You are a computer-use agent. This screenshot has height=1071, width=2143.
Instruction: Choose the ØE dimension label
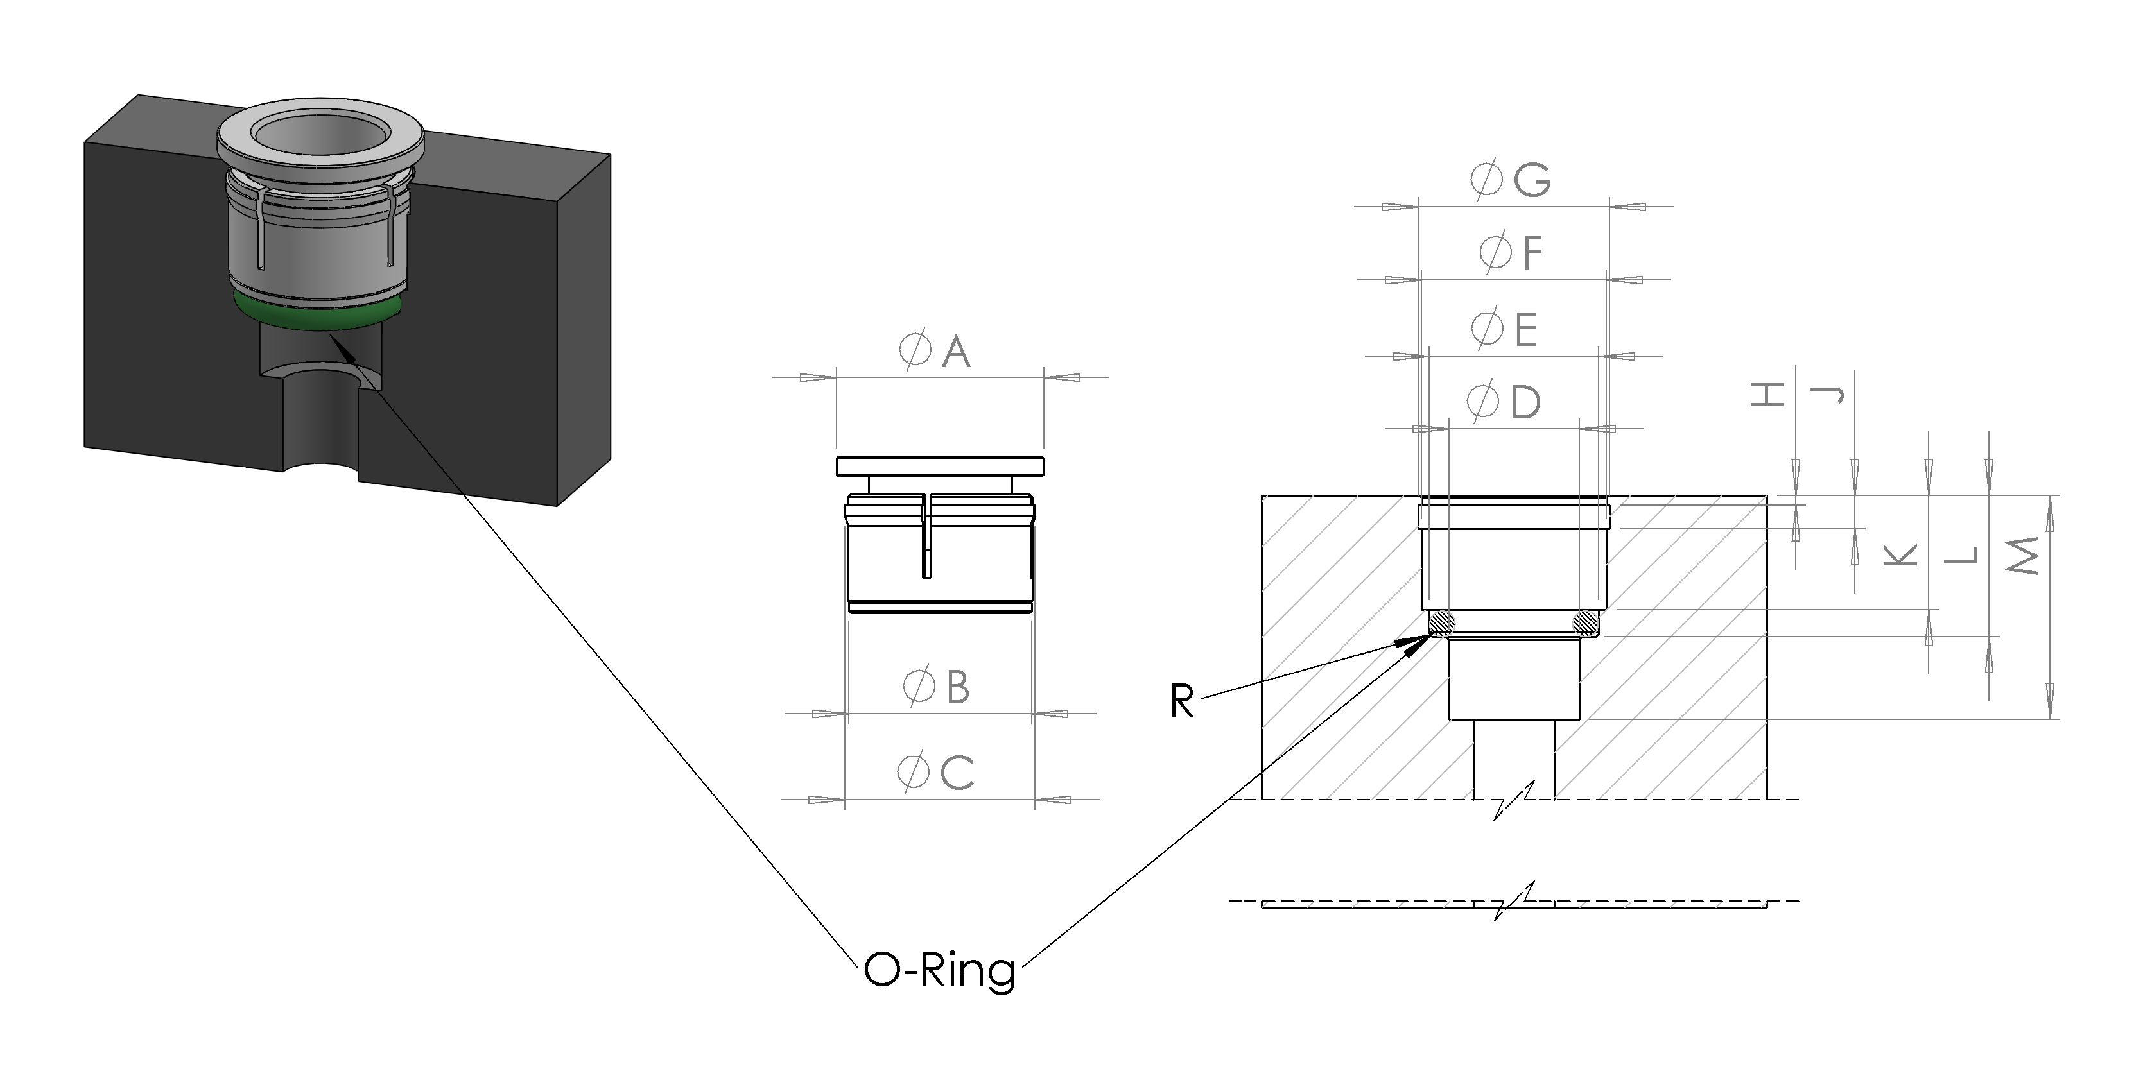coord(1504,329)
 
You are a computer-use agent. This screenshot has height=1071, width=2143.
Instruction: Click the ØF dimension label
coord(1511,253)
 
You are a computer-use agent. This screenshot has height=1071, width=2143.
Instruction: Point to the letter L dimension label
coord(1961,554)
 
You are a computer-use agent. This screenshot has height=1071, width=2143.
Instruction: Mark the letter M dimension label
coord(2022,556)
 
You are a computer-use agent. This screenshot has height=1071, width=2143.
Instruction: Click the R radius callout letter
coord(1181,701)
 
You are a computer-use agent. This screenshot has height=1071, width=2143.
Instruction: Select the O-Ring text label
coord(940,970)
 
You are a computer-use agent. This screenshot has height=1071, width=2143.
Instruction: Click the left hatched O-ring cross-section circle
coord(1440,621)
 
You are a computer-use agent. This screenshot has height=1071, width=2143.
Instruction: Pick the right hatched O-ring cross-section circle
coord(1586,621)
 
